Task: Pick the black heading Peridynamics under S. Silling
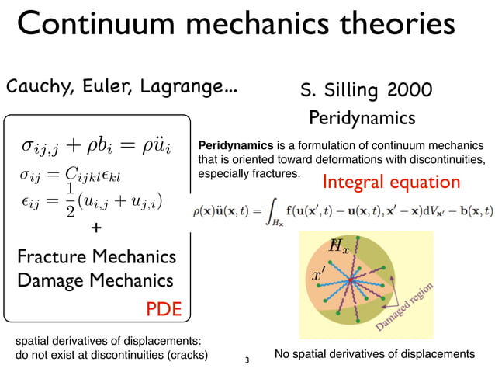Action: pyautogui.click(x=362, y=119)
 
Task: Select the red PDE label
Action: pyautogui.click(x=164, y=309)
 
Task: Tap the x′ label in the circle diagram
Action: pyautogui.click(x=319, y=276)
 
